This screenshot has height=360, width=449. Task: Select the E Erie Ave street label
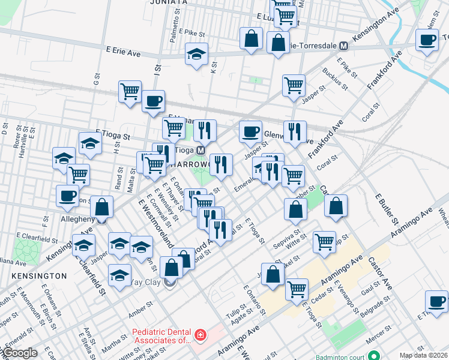click(x=122, y=53)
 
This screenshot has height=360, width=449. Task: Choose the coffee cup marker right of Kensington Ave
click(x=427, y=40)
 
